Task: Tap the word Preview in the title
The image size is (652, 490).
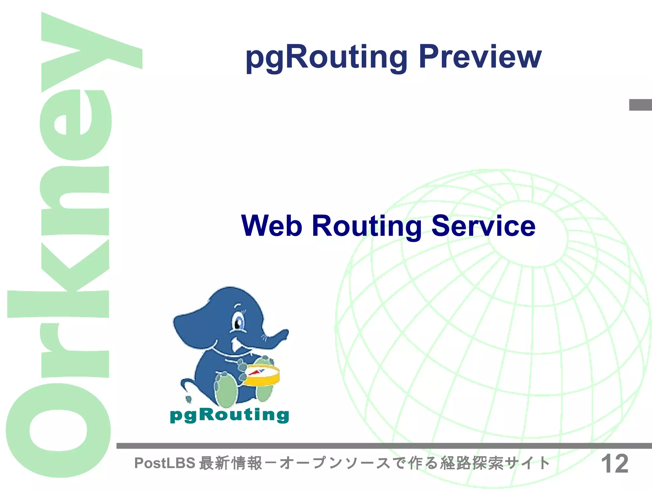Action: [x=480, y=57]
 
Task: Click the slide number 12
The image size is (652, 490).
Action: [x=614, y=464]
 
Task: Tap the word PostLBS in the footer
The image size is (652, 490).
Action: [x=164, y=463]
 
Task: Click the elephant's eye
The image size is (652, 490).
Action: [x=238, y=323]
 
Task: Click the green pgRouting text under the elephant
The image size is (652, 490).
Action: [x=229, y=415]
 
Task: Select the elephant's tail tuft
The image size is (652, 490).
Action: [x=188, y=399]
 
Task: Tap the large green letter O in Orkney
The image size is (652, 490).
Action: [x=58, y=431]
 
